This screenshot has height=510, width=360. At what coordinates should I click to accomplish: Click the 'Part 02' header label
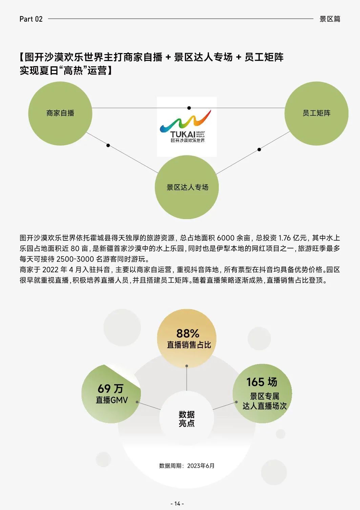31,19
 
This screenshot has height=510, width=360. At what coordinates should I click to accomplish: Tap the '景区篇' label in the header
330,19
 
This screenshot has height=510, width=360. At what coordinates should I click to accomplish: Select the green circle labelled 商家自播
60,113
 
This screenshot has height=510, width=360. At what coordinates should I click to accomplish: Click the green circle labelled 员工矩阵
316,113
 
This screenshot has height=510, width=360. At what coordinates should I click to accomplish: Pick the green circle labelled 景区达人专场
187,187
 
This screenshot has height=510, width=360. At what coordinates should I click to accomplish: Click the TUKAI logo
187,127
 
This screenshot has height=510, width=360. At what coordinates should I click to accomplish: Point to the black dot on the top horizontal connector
189,108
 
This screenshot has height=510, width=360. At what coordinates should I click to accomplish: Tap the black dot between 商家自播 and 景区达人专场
108,145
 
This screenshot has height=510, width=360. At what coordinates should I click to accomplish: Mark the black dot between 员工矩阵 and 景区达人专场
259,149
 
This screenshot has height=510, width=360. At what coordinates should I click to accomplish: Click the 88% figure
188,334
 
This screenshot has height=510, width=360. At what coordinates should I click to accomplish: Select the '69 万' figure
111,388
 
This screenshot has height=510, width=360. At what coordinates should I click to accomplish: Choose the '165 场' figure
261,382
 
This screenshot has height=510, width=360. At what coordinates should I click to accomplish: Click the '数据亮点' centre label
187,419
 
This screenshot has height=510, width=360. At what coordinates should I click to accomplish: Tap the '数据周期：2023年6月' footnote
187,466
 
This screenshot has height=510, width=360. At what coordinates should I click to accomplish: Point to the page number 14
177,504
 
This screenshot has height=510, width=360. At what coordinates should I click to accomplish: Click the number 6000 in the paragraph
226,238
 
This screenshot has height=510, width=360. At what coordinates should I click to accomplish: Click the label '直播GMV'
111,400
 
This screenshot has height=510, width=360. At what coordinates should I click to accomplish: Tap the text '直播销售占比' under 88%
189,345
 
